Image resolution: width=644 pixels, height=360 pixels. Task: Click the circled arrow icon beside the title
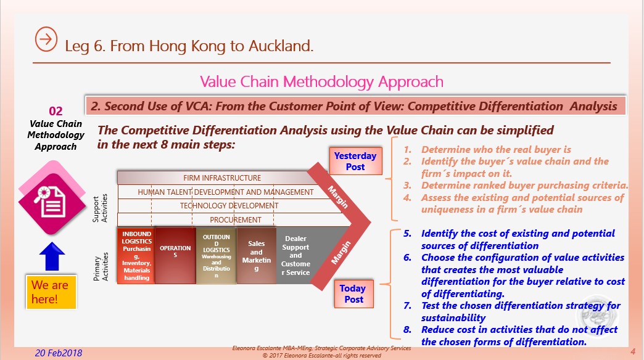46,39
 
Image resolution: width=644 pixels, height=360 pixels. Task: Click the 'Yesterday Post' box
355,162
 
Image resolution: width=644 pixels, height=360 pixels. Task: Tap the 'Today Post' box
353,294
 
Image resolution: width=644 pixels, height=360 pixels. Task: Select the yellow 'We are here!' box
51,292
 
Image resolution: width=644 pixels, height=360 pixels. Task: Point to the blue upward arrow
52,256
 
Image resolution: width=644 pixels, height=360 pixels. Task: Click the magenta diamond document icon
52,198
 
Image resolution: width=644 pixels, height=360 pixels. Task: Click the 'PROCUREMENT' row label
236,219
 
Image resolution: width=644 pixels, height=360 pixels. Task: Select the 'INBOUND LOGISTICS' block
136,255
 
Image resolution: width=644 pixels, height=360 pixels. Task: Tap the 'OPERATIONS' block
175,255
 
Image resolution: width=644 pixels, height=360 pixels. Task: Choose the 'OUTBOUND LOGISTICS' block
216,255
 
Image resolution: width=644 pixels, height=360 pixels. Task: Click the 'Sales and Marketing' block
256,255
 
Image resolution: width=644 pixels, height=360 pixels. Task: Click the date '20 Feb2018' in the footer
59,353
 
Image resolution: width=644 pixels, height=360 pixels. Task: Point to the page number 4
633,352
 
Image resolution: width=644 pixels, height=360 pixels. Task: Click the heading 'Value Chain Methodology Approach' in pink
321,82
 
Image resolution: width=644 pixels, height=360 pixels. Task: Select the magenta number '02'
56,111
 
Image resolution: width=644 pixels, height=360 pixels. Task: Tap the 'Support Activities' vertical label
100,208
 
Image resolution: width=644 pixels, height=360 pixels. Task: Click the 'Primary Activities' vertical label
100,267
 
